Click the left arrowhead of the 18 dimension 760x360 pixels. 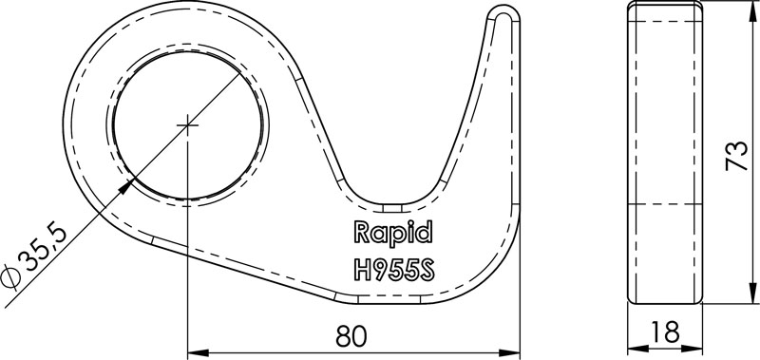tap(635, 349)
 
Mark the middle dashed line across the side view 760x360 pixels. tap(667, 204)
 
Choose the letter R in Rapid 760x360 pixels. tap(360, 232)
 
